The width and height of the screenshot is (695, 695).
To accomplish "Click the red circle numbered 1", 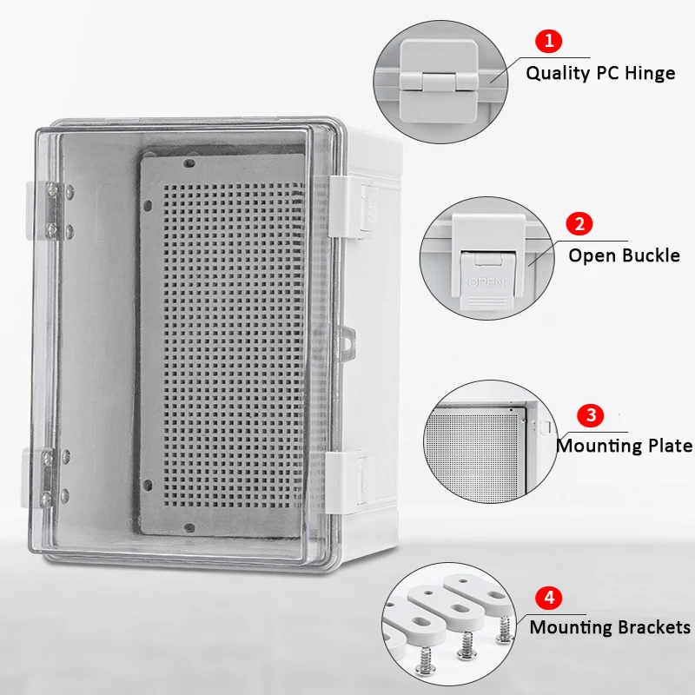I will click(x=548, y=40).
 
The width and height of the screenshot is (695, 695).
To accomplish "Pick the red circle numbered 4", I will click(x=548, y=598).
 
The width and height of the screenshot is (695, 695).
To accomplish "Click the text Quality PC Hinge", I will click(x=600, y=73).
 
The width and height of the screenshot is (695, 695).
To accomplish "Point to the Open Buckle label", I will click(x=624, y=255).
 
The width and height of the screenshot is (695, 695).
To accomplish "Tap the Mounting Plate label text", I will click(x=624, y=446).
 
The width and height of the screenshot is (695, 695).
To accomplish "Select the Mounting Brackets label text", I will click(x=610, y=627).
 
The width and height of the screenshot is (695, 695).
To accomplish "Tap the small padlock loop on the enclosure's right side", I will click(x=347, y=341).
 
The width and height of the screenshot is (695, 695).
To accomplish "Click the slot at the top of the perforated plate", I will click(x=189, y=162).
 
